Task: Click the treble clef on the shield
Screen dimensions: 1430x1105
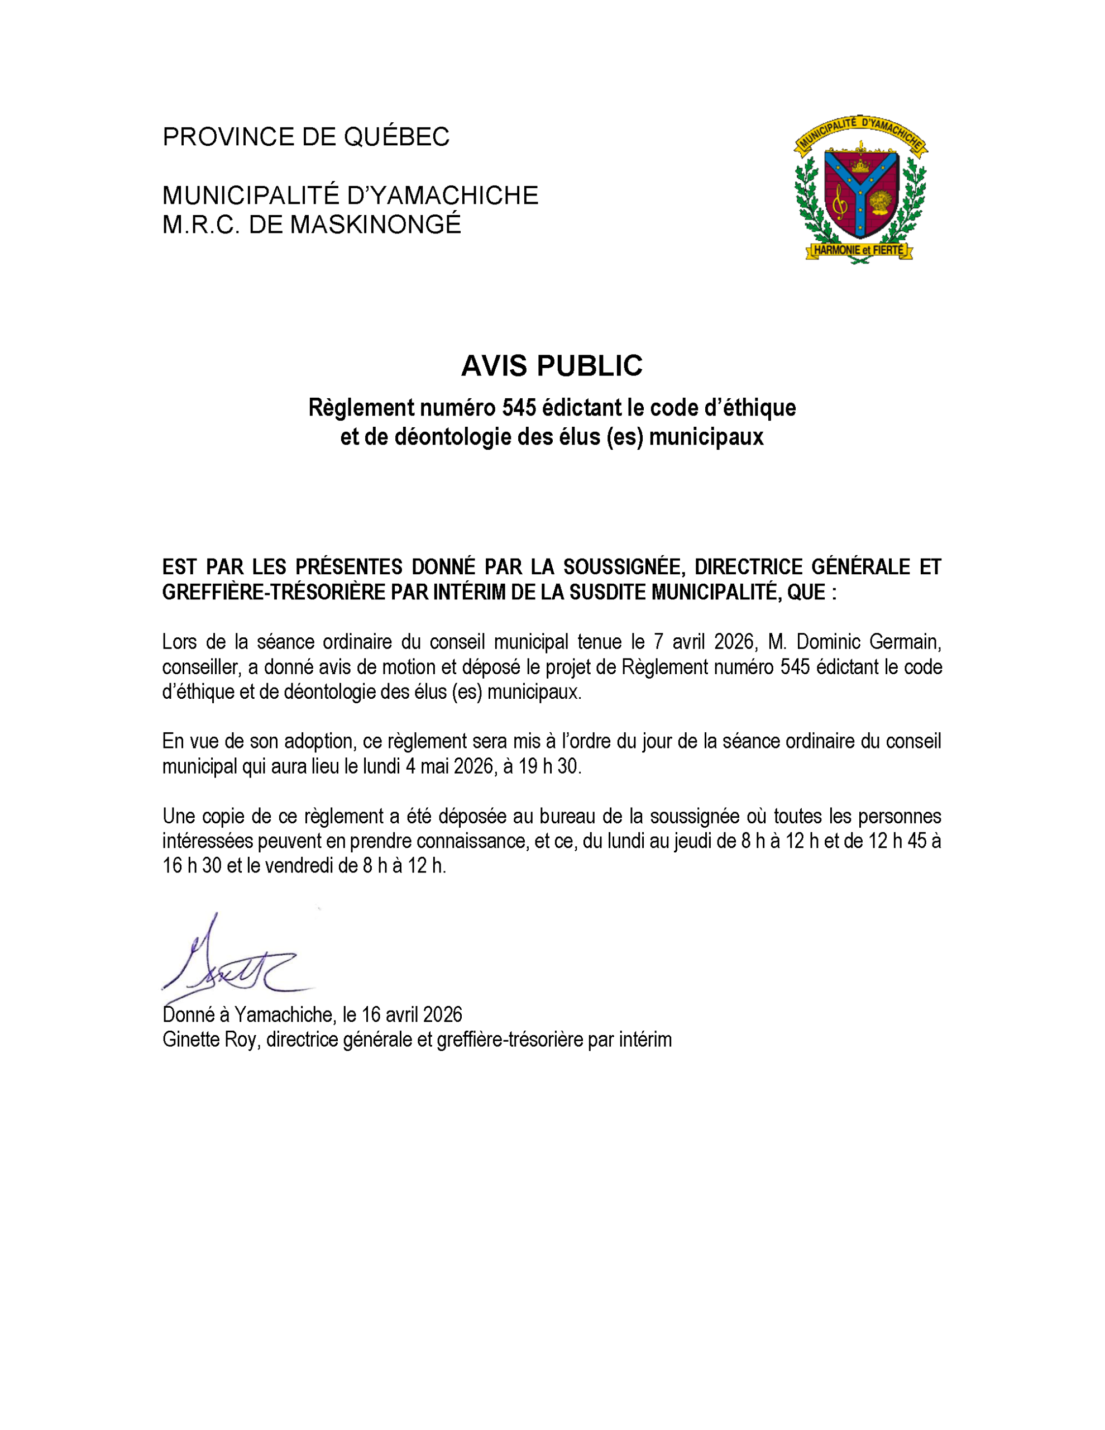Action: click(x=840, y=201)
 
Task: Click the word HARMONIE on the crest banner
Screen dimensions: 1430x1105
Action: click(x=835, y=250)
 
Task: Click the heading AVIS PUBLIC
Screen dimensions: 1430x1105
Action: click(x=552, y=366)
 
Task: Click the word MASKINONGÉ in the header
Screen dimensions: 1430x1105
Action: click(x=376, y=225)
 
